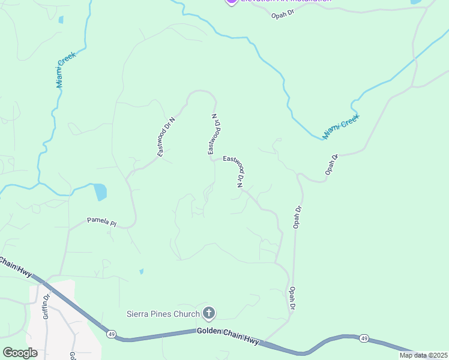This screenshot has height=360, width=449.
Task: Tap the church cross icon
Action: click(209, 313)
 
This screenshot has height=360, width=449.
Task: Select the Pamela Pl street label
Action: click(101, 221)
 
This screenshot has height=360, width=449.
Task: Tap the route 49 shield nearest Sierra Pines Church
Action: click(112, 334)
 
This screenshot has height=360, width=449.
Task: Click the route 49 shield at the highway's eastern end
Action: click(364, 339)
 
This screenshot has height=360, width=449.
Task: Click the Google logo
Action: click(20, 352)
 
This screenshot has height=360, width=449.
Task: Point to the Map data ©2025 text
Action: click(423, 355)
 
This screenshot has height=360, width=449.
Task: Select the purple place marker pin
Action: click(231, 2)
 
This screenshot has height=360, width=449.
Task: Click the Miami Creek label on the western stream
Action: click(66, 70)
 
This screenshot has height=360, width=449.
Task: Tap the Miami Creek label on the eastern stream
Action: click(340, 127)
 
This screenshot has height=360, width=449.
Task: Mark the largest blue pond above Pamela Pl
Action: click(100, 192)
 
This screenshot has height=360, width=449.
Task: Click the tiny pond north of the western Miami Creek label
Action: click(61, 20)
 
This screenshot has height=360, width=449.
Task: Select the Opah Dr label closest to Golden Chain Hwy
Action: click(292, 298)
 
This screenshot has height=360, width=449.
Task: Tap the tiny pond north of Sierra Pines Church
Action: click(142, 271)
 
